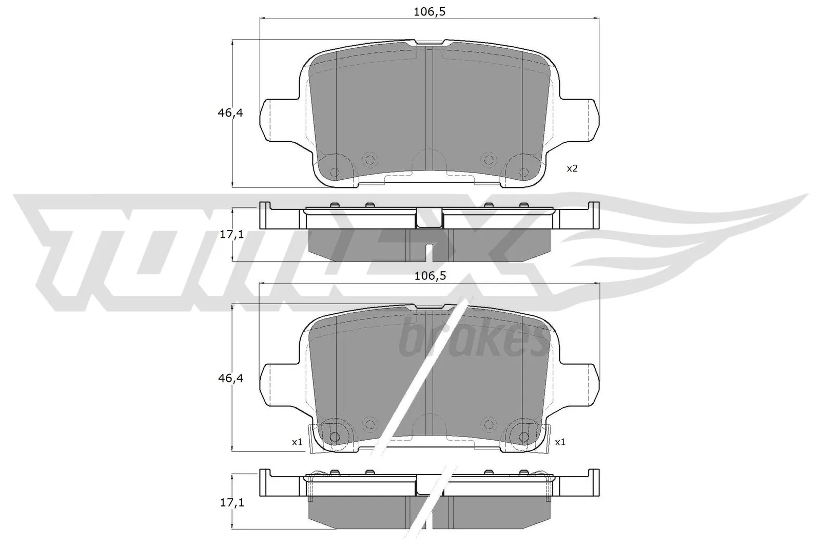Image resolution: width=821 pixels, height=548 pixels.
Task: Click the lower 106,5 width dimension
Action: (x=429, y=276)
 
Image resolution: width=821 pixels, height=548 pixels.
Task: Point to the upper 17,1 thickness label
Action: (x=231, y=235)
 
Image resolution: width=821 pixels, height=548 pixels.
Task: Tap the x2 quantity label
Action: (x=572, y=168)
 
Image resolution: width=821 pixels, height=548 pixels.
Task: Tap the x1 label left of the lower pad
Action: (x=297, y=442)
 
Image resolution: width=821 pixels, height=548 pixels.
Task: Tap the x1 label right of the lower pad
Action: (x=560, y=442)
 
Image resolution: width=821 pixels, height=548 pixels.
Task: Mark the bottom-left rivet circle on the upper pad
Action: (x=335, y=173)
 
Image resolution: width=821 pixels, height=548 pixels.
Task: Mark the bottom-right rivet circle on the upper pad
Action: (x=524, y=173)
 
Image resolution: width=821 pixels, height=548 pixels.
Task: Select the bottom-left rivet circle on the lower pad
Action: (x=335, y=437)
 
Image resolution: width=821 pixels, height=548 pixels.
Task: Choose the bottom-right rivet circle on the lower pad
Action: (x=524, y=437)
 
